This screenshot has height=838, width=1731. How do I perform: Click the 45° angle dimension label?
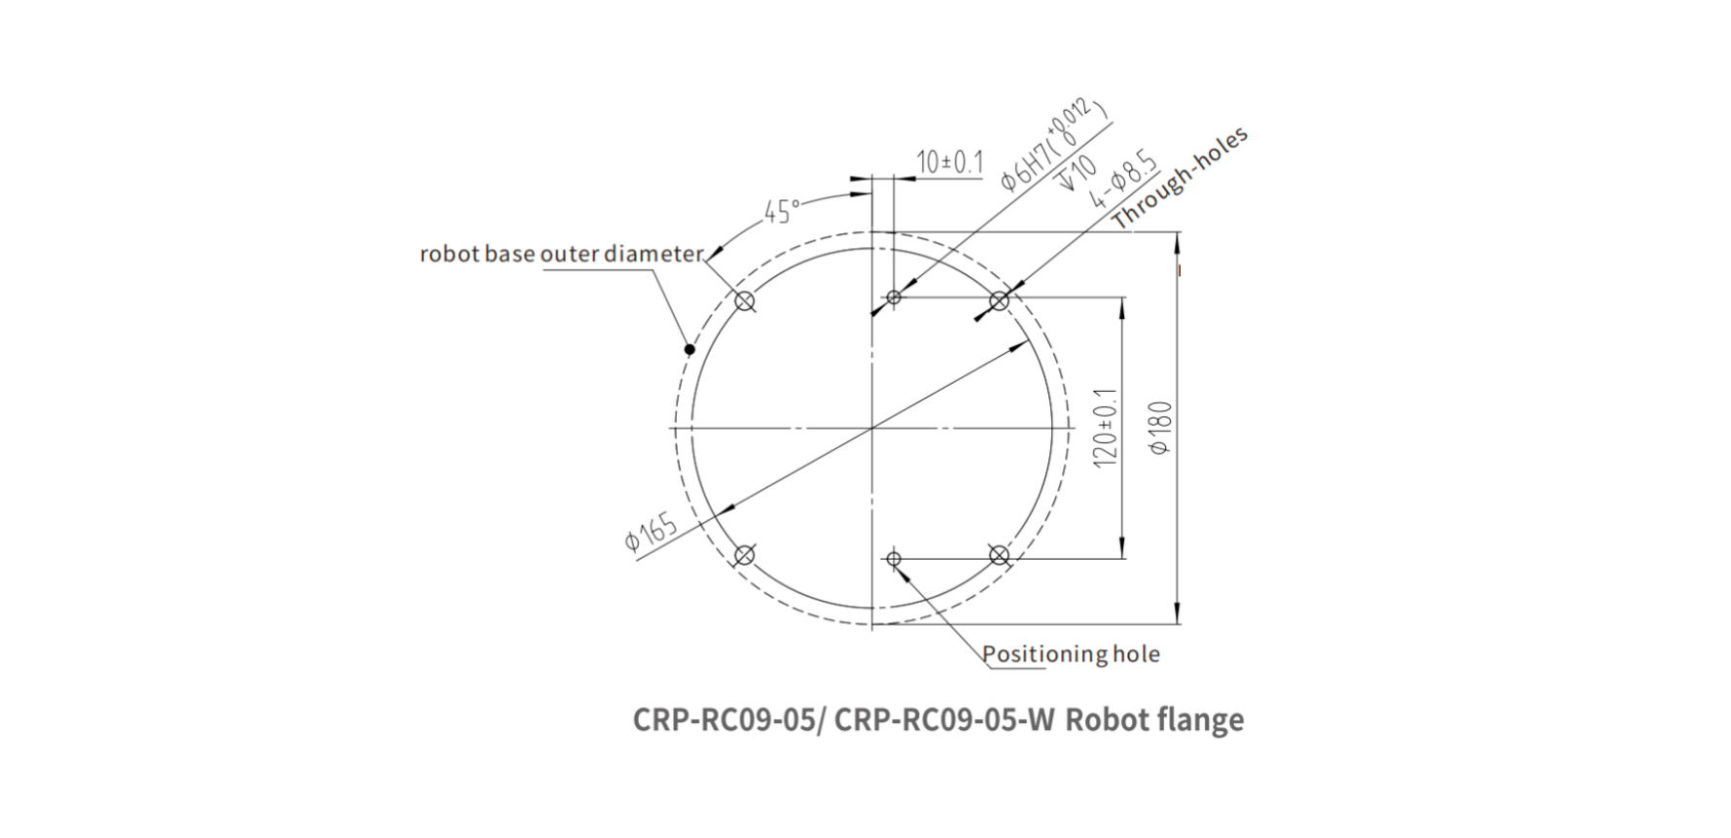[x=782, y=211]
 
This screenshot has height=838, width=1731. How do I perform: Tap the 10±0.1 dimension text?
[x=950, y=162]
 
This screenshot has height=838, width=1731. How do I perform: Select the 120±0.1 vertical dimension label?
[x=1106, y=428]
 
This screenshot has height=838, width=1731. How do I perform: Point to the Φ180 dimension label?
[x=1161, y=428]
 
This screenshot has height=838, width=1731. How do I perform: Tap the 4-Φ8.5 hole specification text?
[x=1124, y=182]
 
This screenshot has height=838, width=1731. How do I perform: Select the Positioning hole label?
[x=1071, y=654]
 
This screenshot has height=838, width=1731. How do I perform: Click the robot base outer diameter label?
[x=561, y=255]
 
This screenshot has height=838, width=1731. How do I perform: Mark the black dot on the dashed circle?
[x=689, y=349]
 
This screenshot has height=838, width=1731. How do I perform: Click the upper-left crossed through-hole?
[x=745, y=301]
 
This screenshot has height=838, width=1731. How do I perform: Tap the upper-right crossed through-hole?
[x=999, y=300]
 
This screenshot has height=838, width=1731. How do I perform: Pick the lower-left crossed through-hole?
[x=745, y=555]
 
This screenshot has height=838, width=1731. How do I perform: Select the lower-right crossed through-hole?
[x=999, y=555]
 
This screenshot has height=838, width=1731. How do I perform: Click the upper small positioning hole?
[x=894, y=297]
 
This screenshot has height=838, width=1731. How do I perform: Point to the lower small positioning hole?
[x=894, y=559]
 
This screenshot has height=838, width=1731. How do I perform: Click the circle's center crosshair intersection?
[x=872, y=428]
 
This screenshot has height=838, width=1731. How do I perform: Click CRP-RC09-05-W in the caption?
[x=944, y=720]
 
